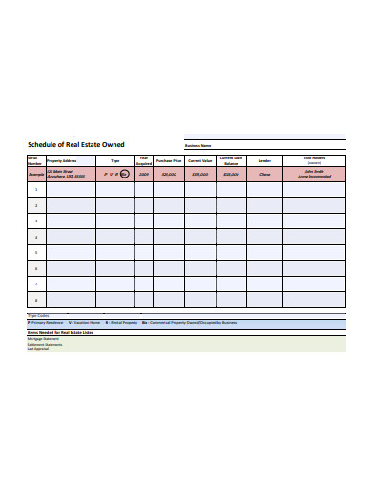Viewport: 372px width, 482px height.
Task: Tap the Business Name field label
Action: (198, 145)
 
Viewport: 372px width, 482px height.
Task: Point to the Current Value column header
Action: (199, 161)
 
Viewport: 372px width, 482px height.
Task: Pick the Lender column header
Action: (264, 161)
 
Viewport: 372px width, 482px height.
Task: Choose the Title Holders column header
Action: (314, 159)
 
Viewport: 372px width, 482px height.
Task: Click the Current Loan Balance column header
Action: (230, 160)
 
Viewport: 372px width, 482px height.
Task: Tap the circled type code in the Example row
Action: (123, 176)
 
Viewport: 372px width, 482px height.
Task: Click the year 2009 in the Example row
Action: (144, 176)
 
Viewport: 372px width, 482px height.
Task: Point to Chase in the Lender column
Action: (264, 176)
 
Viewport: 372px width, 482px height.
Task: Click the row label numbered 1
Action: (36, 190)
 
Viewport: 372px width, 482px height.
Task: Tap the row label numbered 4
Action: (36, 238)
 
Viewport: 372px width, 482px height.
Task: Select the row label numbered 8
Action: (36, 301)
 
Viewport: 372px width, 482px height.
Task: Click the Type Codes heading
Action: (38, 316)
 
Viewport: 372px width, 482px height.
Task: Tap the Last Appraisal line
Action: (37, 350)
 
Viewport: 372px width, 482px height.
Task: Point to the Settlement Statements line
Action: (42, 345)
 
